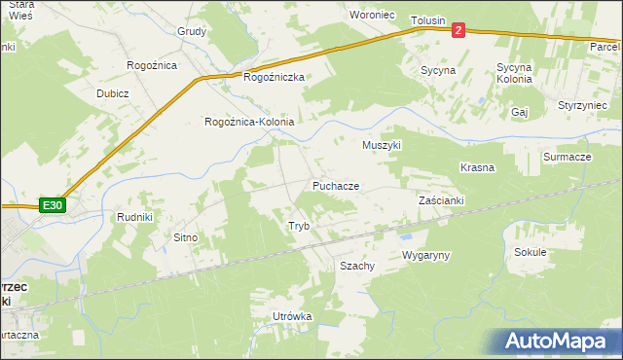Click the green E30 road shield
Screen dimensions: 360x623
(53, 205)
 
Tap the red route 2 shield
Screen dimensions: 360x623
(458, 29)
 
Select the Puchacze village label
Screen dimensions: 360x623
(336, 185)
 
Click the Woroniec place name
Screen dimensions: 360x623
(372, 16)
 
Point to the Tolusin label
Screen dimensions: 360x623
(427, 20)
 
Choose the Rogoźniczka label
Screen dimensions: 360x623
(275, 77)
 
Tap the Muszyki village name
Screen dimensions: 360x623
(382, 145)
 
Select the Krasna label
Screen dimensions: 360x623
(477, 167)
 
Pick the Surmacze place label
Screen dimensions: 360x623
(568, 157)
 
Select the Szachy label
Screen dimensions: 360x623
(356, 266)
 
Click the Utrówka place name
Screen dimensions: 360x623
(292, 317)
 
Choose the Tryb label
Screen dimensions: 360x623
(298, 226)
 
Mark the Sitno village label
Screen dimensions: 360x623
(185, 237)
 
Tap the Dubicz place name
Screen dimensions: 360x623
(113, 93)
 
